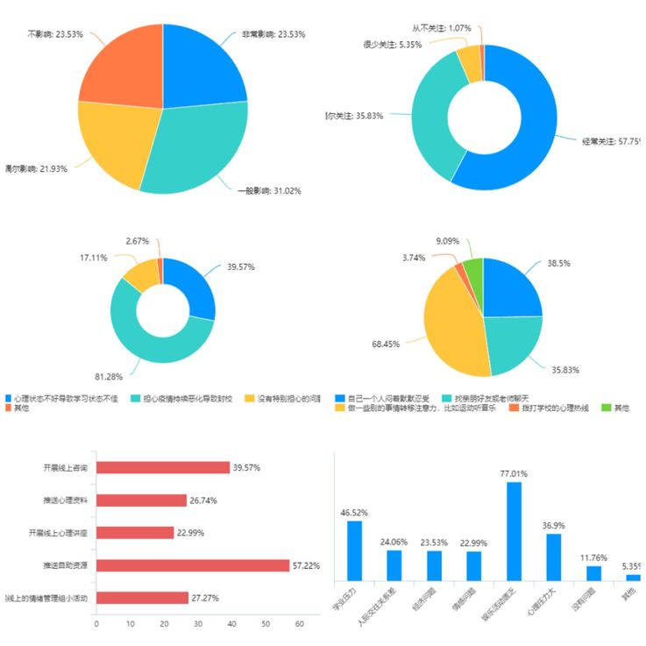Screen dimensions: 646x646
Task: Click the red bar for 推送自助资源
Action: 192,565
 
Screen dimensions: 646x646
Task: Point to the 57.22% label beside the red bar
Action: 309,565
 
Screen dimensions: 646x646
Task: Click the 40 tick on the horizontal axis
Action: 232,624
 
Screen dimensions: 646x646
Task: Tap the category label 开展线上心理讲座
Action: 60,533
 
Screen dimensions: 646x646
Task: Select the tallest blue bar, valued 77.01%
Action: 514,530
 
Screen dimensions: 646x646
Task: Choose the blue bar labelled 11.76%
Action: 593,572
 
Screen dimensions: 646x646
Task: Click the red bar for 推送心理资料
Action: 141,500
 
